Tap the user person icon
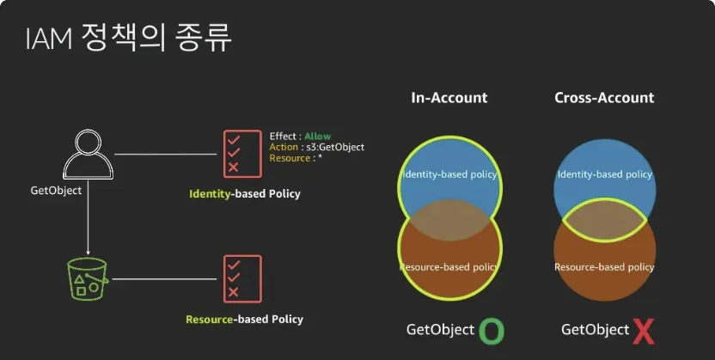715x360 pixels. tap(87, 156)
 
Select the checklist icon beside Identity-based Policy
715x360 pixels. tap(241, 154)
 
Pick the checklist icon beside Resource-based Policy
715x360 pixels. tap(241, 279)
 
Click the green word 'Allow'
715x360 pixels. tap(318, 137)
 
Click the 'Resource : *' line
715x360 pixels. tap(296, 159)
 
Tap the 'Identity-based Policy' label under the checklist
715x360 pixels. tap(245, 194)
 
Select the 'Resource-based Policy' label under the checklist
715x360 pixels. tap(244, 320)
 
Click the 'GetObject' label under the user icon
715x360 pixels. tap(56, 191)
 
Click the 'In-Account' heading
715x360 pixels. tap(448, 98)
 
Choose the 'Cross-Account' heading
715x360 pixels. tap(604, 98)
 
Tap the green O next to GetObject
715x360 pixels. tap(491, 331)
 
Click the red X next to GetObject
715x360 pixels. tap(643, 331)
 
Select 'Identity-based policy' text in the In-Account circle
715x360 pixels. tap(449, 175)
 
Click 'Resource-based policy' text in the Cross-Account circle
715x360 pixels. tap(604, 267)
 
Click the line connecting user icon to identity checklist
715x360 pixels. tap(165, 155)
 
